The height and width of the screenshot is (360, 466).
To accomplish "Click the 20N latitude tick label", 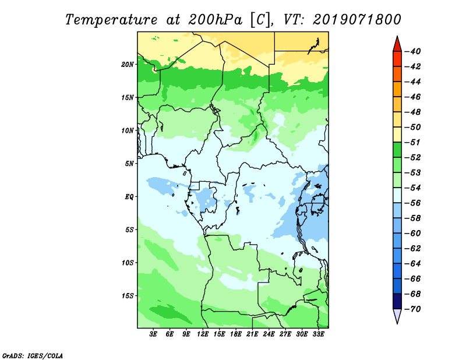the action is (x=127, y=65).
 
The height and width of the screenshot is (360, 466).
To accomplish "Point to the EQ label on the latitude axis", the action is (x=129, y=197).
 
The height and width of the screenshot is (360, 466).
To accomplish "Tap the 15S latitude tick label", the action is (x=127, y=296).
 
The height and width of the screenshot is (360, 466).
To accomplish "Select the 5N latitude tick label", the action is (x=129, y=164).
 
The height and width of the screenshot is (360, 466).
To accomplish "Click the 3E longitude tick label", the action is (x=153, y=334).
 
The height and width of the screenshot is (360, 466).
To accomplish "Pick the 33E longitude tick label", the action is (x=318, y=334).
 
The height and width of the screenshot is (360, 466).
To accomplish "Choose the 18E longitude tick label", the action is (x=236, y=334).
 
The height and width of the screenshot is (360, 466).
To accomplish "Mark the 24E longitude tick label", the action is (x=269, y=334).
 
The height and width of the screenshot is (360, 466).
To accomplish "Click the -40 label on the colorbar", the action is (x=412, y=51).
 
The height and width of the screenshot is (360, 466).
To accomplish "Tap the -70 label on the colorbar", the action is (x=412, y=309).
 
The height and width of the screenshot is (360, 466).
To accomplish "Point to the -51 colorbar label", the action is (x=412, y=142).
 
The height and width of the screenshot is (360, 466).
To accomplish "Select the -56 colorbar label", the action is (x=412, y=203).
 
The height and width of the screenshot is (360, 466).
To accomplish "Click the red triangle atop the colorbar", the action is (x=397, y=45).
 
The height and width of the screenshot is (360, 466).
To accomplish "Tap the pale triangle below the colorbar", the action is (x=397, y=316).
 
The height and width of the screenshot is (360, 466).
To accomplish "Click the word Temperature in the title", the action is (x=111, y=20).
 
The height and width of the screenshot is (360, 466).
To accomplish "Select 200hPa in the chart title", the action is (x=215, y=20).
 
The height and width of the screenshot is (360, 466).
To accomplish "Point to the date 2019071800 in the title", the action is (x=357, y=20).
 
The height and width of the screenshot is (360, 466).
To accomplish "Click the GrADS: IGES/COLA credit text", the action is (x=33, y=355).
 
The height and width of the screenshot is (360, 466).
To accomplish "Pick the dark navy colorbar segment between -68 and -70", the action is (x=397, y=301).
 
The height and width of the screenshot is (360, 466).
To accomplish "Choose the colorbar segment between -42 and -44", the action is (x=397, y=74).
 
